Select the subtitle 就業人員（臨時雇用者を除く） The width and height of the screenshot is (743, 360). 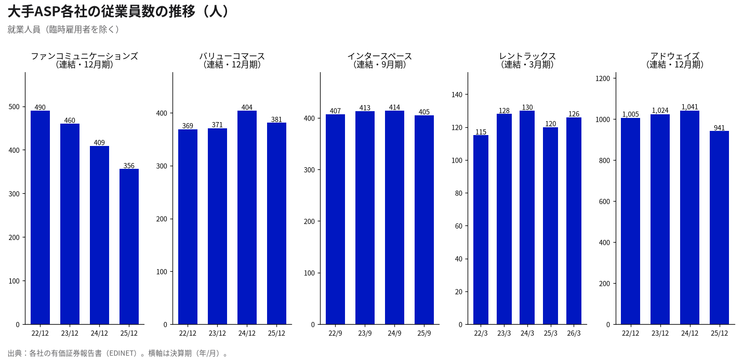pos(63,30)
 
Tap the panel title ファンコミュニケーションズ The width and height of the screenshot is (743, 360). pos(85,56)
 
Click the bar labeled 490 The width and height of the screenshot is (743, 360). pos(40,218)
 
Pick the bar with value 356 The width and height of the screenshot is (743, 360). pos(129,247)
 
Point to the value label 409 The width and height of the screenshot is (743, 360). pos(99,142)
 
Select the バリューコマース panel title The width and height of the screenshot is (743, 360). pos(232,56)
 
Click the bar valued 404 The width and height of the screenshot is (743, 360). pos(247,218)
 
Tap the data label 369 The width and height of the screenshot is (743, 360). pos(188,126)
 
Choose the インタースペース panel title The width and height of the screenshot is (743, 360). pos(380,56)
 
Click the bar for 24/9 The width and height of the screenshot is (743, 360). pos(394,218)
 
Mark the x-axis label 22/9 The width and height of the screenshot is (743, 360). pos(335,333)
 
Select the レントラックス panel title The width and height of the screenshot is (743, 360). pos(527,56)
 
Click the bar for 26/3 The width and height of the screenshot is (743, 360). pos(574,221)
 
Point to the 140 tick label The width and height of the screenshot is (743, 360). pos(457,95)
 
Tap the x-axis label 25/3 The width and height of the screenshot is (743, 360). pos(551,333)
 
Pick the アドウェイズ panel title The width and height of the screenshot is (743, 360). pos(675,56)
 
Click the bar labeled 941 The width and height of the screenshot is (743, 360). pos(719,228)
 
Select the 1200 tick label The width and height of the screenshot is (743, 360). pos(603,78)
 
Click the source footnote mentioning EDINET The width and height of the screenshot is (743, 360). pos(118,353)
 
